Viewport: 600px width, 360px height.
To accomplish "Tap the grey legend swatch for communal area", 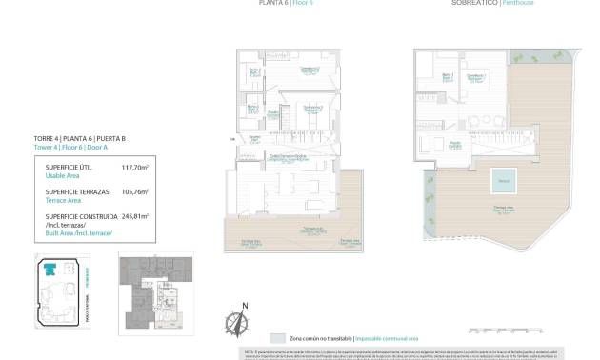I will (x=277, y=338).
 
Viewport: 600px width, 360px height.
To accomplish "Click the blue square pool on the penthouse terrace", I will (x=504, y=179).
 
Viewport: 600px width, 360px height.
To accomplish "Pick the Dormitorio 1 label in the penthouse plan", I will (x=477, y=77).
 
